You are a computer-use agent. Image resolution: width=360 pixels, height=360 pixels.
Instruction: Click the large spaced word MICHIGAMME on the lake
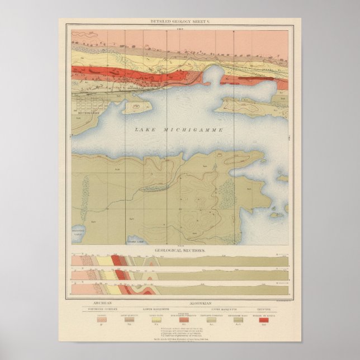pos(192,130)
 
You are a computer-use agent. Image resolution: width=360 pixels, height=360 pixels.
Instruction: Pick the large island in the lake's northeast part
pos(252,105)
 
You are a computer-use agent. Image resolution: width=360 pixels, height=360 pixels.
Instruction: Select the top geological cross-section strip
pos(179,261)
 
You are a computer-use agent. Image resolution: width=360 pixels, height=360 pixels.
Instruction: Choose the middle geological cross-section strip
pos(179,275)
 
